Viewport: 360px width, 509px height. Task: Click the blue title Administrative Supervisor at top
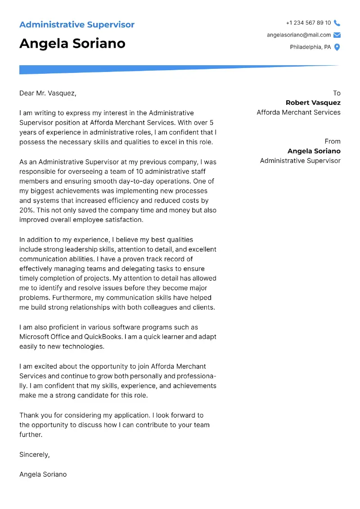point(77,25)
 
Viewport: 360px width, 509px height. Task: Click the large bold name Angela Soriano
point(72,44)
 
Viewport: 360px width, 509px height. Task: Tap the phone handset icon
point(337,23)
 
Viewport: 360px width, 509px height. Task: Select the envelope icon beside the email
point(337,35)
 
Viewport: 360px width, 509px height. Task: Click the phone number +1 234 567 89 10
point(308,23)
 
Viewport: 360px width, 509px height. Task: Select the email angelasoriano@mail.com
point(299,35)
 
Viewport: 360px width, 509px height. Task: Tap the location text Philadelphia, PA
point(310,47)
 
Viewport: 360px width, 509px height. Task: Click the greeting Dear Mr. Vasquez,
point(48,93)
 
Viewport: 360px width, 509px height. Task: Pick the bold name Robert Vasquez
point(313,103)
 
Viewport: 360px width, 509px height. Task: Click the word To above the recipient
point(337,93)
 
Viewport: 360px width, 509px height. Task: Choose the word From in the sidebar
point(333,141)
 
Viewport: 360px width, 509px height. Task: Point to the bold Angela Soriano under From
point(314,151)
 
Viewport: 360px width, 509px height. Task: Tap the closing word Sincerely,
point(34,455)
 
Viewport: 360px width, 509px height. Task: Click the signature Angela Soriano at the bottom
point(43,474)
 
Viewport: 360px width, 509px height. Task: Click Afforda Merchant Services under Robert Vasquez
point(298,113)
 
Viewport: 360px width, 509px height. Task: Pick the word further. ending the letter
point(31,435)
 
